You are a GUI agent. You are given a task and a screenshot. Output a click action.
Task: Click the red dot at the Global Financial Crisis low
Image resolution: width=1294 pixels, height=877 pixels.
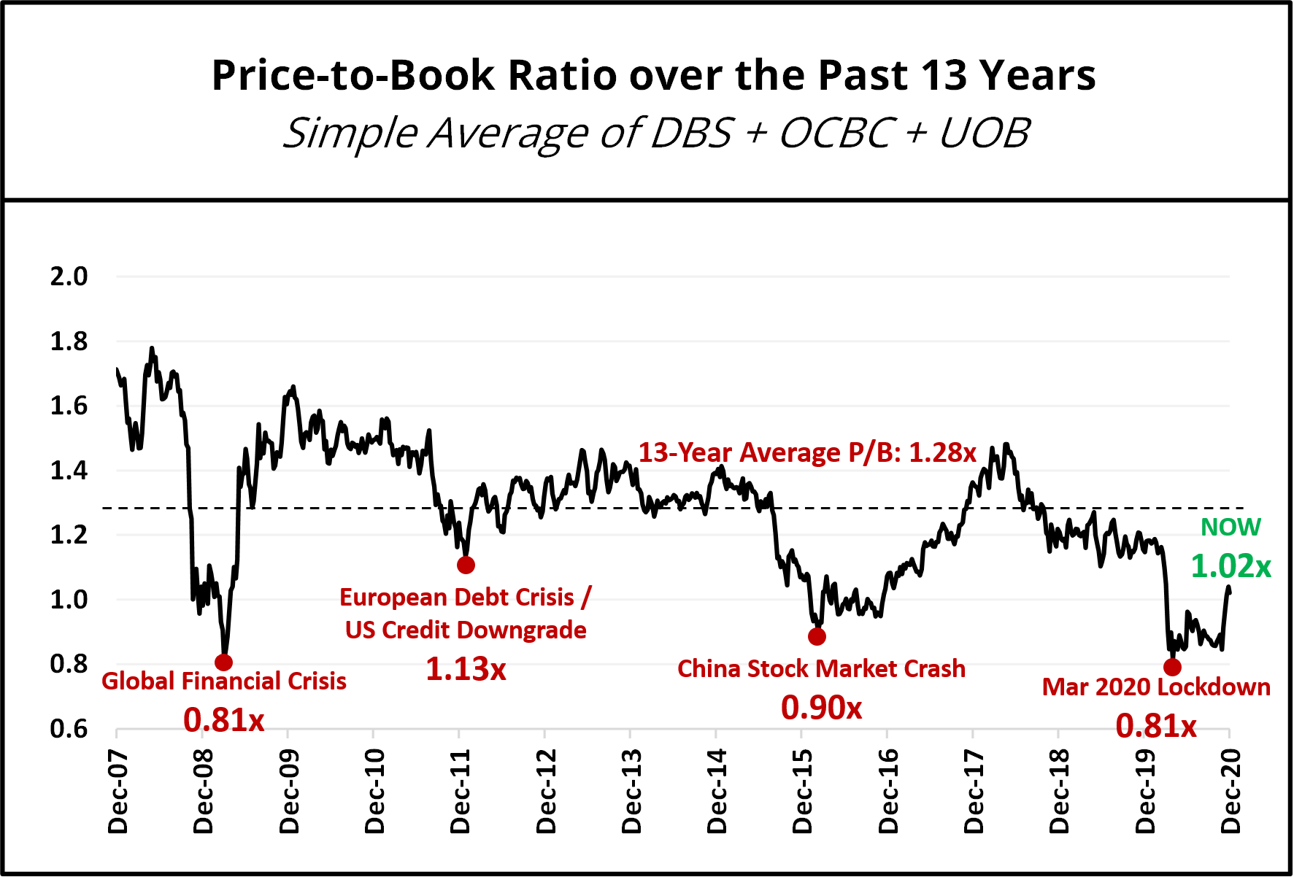click(x=224, y=662)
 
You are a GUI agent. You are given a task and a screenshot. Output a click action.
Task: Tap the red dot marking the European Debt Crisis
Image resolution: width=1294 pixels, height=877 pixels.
click(x=466, y=565)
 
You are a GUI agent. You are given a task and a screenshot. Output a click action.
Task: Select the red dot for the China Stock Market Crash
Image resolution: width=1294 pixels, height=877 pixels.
click(x=817, y=636)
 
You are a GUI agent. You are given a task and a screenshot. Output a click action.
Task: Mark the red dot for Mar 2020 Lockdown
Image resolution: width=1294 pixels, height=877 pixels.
click(x=1172, y=667)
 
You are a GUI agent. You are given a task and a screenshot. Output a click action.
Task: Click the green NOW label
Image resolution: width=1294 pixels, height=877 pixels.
click(x=1231, y=527)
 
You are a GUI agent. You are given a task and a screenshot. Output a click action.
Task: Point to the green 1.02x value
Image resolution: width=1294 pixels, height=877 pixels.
click(x=1231, y=566)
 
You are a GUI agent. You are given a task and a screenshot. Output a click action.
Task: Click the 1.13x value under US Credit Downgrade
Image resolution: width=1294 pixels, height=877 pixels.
click(x=466, y=668)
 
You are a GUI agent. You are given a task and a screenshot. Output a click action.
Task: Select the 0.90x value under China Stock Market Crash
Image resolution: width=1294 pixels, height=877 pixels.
click(x=821, y=707)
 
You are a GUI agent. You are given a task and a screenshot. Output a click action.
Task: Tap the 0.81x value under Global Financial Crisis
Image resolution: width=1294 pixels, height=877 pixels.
click(x=223, y=720)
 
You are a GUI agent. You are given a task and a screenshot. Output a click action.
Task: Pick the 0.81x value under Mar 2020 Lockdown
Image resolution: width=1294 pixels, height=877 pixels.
click(x=1156, y=725)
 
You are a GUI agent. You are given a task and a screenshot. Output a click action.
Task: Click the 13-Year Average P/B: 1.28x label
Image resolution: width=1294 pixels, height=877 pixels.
click(x=807, y=452)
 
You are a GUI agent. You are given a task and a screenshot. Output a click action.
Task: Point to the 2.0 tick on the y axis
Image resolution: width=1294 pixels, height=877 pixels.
click(x=69, y=277)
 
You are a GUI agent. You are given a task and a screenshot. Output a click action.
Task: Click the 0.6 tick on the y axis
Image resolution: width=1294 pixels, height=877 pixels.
click(x=69, y=729)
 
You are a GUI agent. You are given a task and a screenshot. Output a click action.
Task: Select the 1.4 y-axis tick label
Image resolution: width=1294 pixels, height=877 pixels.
click(x=69, y=471)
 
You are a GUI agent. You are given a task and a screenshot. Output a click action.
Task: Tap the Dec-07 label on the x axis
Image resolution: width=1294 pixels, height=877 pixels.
click(x=118, y=791)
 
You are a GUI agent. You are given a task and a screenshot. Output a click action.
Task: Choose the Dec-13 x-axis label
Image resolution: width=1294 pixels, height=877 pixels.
click(x=631, y=791)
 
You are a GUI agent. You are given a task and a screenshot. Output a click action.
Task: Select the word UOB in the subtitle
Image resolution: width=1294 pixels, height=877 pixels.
click(x=984, y=134)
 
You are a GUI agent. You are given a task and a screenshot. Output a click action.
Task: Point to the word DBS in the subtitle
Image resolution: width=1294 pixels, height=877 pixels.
click(x=690, y=134)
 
